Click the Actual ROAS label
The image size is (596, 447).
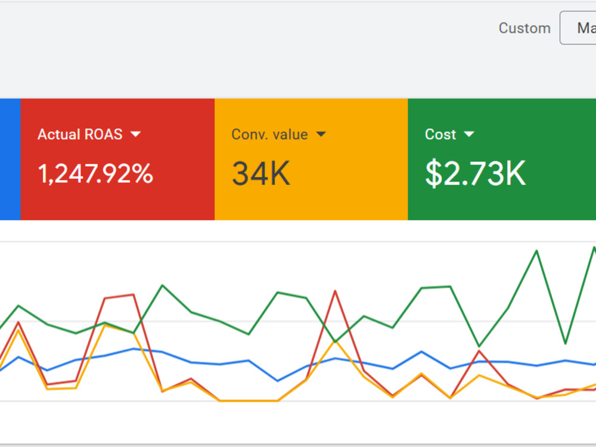coord(80,134)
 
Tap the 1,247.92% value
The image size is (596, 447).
coord(95,173)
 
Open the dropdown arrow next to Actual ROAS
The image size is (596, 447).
coord(136,134)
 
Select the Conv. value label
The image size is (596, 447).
coord(269,134)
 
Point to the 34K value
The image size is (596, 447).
coord(261,173)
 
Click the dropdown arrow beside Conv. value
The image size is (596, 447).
coord(321,134)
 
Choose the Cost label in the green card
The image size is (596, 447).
coord(440,134)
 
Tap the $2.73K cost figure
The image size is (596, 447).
coord(475,173)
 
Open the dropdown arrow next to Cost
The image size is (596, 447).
coord(469,134)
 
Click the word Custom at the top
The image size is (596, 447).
coord(524,28)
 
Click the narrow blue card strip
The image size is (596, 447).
coord(10,159)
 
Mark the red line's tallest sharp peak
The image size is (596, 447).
coord(335,291)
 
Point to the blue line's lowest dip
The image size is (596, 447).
coord(278,380)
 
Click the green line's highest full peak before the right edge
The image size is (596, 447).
coord(537,250)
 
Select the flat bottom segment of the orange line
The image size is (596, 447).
coord(249,401)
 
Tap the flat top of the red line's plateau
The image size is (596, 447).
coord(119,296)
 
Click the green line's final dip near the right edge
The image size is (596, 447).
coord(566,344)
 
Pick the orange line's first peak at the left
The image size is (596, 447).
coord(18,330)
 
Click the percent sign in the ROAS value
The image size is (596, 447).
coord(143,173)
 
